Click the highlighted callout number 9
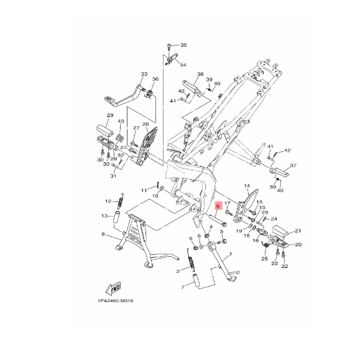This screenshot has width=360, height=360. point(218,206)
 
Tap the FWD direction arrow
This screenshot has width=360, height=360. point(113,288)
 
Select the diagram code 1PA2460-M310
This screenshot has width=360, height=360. point(116,301)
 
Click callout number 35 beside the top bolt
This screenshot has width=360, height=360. point(183,45)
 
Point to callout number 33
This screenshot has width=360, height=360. point(144,74)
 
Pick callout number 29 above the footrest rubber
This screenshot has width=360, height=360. point(110,115)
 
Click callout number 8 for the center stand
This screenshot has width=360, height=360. point(103,234)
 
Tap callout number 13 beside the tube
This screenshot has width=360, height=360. point(104,216)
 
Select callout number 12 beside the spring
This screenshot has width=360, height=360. point(108,201)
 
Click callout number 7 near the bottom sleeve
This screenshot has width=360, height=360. point(183,287)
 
